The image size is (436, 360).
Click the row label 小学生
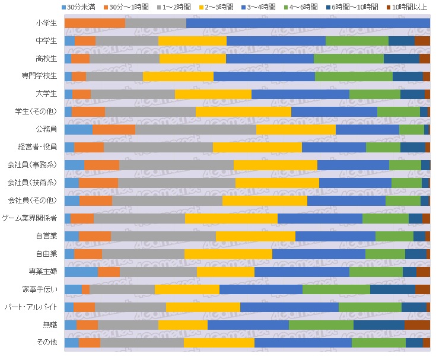46,23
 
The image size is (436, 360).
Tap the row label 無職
50,325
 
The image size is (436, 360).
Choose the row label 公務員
46,129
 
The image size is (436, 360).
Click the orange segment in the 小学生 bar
94,23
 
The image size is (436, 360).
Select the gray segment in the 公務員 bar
196,129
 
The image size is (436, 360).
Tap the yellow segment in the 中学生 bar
192,41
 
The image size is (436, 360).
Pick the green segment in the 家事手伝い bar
336,289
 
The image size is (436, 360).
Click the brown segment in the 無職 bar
417,325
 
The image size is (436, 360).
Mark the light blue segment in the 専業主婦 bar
81,272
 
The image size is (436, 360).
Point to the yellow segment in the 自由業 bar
228,254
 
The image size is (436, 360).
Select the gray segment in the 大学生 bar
133,94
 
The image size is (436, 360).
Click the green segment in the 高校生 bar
349,59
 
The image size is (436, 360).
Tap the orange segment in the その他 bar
90,343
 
